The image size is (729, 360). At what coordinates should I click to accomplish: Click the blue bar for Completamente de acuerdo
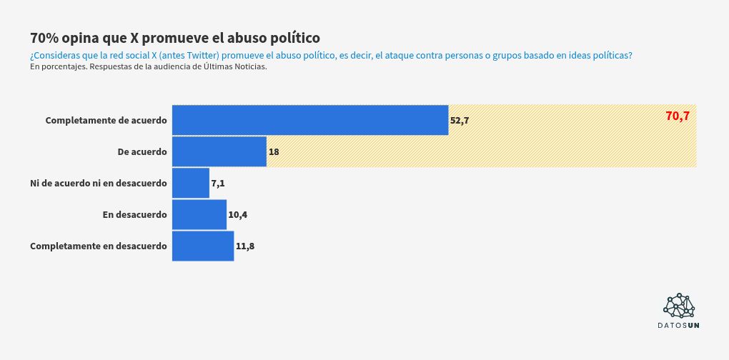(310, 120)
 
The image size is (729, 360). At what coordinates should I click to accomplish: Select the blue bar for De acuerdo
(219, 151)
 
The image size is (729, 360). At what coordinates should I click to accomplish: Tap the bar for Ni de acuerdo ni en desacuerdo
(191, 183)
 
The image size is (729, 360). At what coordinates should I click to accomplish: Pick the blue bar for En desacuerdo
(199, 214)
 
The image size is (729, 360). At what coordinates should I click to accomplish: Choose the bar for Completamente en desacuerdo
(203, 246)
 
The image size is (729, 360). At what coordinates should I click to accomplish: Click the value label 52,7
(460, 121)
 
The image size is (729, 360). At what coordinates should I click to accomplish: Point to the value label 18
(274, 152)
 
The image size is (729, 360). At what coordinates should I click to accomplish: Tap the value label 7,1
(218, 184)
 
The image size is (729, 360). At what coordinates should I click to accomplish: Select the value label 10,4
(238, 215)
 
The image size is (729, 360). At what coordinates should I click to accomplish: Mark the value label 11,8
(245, 246)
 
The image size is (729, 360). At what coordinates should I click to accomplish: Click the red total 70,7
(677, 116)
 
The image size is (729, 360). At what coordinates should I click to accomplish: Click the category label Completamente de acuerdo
(106, 120)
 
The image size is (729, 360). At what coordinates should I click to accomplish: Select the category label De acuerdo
(142, 151)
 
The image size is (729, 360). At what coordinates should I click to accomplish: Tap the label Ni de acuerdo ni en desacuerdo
(99, 183)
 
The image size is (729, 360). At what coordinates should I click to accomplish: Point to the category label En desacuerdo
(135, 214)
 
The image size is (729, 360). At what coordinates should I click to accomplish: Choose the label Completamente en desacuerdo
(99, 246)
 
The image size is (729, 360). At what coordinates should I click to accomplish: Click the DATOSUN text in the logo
(679, 326)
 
